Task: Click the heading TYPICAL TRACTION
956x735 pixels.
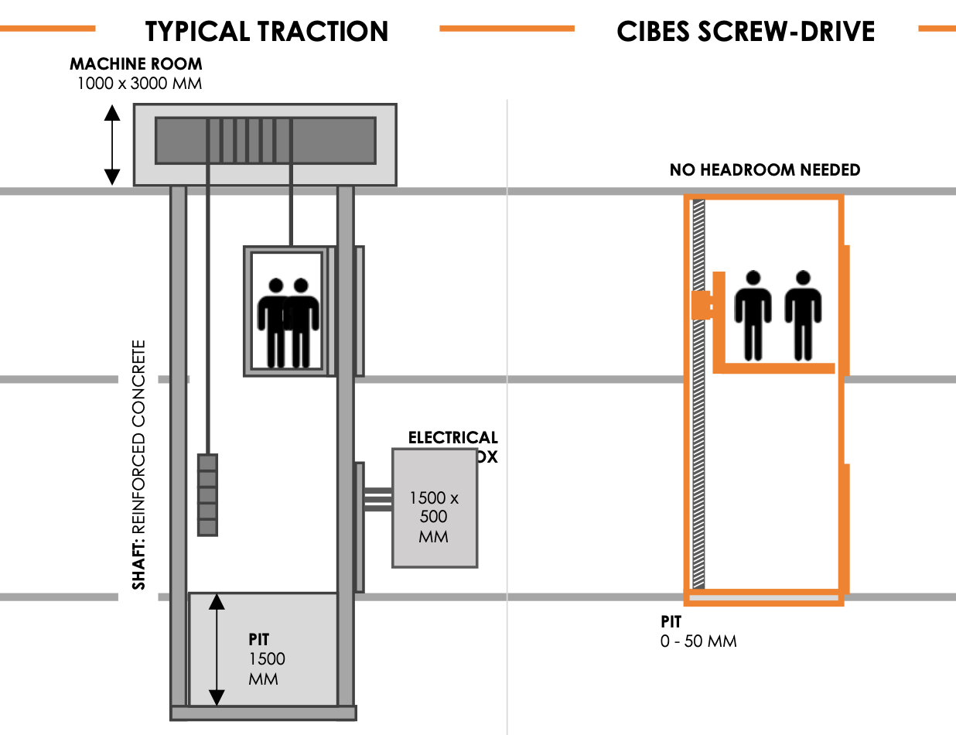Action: coord(267,31)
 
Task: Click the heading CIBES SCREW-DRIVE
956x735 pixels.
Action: coord(746,31)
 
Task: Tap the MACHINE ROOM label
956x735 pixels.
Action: coord(136,63)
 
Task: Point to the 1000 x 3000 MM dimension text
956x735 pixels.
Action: coord(139,83)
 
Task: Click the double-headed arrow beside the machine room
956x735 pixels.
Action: coord(113,145)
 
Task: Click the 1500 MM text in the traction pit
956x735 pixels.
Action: coord(266,668)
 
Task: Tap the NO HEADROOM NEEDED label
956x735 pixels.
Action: coord(764,169)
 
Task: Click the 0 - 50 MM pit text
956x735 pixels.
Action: coord(698,641)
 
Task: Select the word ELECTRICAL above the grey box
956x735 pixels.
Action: coord(452,439)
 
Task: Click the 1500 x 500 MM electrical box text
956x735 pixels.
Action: coord(433,517)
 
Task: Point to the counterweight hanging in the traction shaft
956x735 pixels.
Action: coord(207,494)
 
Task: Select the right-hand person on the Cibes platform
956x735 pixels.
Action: coord(803,315)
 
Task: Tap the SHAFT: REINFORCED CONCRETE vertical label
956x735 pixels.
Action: coord(139,465)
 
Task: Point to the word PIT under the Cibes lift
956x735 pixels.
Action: coord(671,621)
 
